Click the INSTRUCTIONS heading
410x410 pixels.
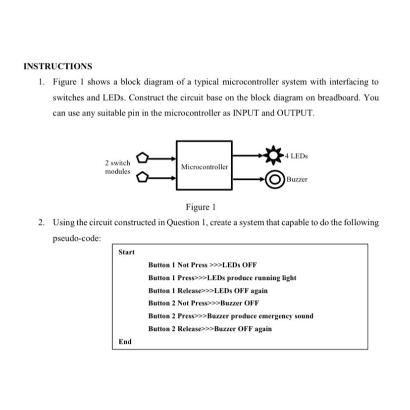click(x=57, y=66)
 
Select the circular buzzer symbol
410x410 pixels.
click(x=274, y=179)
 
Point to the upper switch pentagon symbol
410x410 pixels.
click(x=142, y=158)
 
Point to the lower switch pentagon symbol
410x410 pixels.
click(x=142, y=176)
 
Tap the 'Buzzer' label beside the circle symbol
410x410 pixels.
click(x=297, y=179)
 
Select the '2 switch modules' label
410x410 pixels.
click(x=117, y=167)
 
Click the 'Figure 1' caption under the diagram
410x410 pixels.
click(x=201, y=206)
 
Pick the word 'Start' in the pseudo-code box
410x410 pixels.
click(x=126, y=252)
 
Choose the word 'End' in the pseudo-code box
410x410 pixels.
click(x=125, y=341)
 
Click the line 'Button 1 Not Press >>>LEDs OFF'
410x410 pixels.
click(x=203, y=265)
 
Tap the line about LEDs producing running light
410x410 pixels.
click(x=222, y=278)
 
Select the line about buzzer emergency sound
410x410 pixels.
click(x=230, y=316)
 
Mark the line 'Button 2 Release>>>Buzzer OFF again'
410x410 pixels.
click(x=209, y=329)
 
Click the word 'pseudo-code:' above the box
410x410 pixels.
click(x=77, y=238)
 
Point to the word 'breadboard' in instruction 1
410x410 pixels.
click(x=339, y=98)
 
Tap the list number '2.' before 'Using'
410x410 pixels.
click(x=42, y=223)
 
